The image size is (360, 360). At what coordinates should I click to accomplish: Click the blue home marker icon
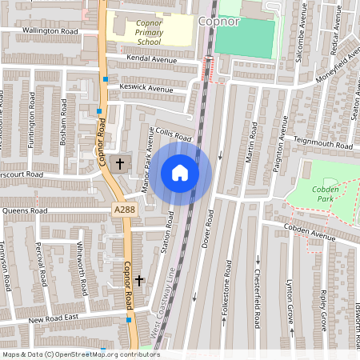[180, 173]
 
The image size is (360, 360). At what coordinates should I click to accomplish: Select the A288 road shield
[124, 210]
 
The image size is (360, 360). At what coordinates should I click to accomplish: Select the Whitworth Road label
[80, 261]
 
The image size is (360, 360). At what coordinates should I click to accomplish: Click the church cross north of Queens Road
[120, 164]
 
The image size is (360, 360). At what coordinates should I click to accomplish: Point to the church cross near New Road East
[139, 281]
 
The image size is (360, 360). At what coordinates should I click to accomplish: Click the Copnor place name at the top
[218, 22]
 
